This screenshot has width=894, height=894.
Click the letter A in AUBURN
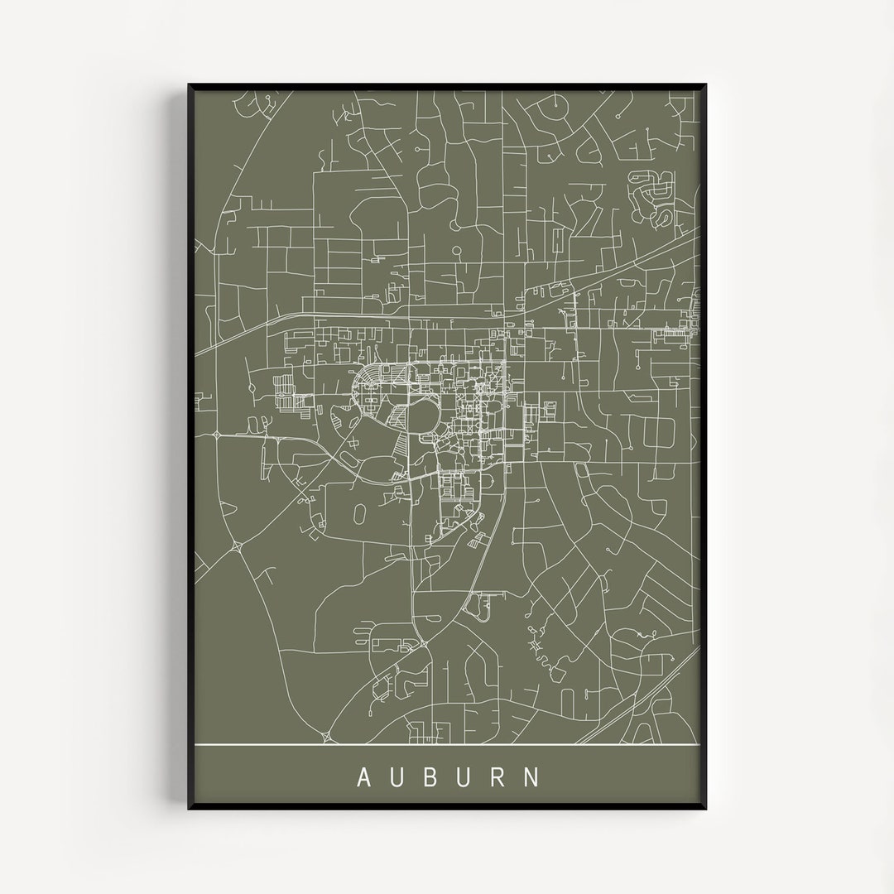(x=363, y=778)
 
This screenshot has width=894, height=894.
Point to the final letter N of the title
(x=533, y=778)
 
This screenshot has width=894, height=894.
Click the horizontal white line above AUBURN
(x=447, y=745)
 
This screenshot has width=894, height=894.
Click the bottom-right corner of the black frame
(x=705, y=808)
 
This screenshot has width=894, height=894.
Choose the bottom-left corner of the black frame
(x=190, y=808)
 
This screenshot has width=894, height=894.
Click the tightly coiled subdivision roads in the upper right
(x=654, y=196)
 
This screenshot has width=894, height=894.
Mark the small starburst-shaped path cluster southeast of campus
(x=536, y=643)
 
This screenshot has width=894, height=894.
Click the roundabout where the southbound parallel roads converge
(x=421, y=644)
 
